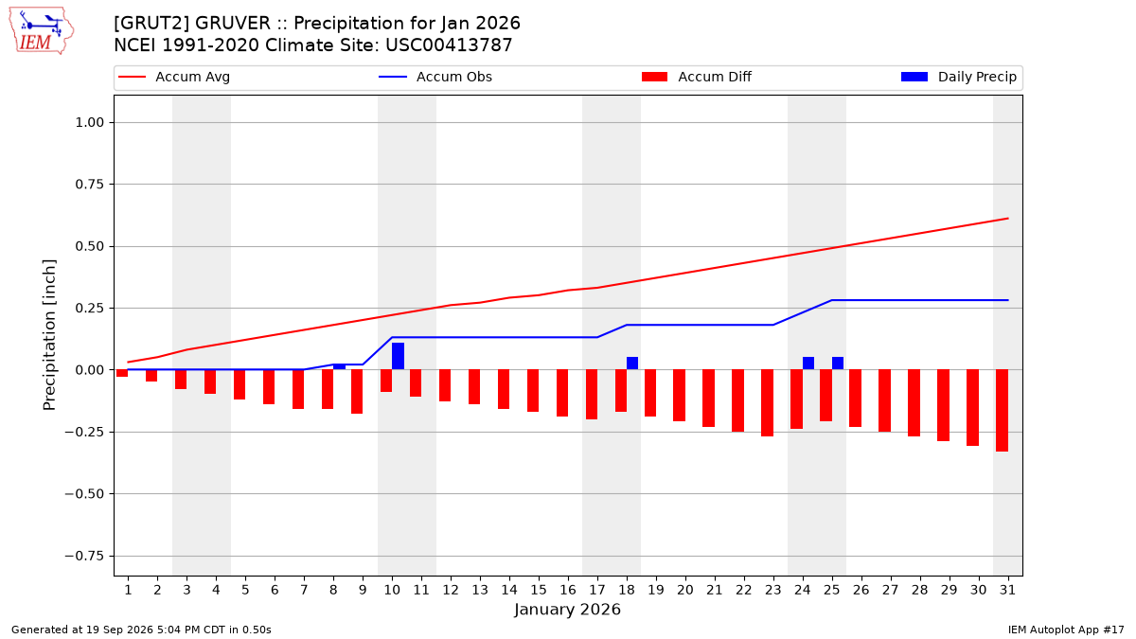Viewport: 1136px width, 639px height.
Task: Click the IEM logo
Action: pos(42,31)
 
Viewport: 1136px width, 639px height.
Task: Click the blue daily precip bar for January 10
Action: pos(399,356)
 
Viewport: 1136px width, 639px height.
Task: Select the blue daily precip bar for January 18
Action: pos(632,364)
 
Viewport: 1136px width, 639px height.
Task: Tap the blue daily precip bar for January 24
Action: pos(808,364)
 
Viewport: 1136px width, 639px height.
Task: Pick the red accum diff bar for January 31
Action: pos(1003,410)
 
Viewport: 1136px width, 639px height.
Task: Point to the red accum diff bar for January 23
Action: pos(768,402)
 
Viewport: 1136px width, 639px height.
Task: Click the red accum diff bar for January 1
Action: pos(122,373)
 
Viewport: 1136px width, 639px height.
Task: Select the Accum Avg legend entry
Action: pos(174,77)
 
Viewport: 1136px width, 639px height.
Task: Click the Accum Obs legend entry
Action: pos(435,77)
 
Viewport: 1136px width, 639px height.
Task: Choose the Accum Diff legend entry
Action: pos(697,77)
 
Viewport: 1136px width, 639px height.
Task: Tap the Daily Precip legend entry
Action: pos(958,77)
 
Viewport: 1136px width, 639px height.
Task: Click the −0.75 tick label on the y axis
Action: pos(84,557)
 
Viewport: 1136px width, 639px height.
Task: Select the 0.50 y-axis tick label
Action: pos(90,246)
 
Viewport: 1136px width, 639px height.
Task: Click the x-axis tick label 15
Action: pos(539,590)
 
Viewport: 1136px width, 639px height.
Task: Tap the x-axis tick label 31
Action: pos(1007,590)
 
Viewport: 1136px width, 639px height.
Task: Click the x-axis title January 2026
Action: pos(567,610)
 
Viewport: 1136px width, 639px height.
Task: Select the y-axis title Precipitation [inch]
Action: pos(49,335)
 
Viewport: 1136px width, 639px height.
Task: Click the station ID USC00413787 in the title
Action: pos(449,45)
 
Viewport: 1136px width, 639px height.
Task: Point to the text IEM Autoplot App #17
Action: pos(1066,630)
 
